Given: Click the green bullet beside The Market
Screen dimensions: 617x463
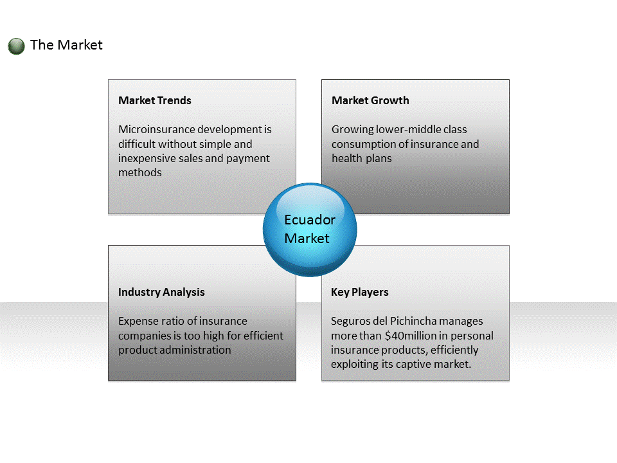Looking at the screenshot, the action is coord(16,46).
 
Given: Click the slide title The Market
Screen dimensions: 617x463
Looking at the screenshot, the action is coord(66,45).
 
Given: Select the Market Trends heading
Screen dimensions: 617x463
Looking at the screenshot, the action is coord(155,100).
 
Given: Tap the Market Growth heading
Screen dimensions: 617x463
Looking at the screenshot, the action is coord(370,100).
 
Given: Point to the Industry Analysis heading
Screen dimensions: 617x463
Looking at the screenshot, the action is coord(161,292).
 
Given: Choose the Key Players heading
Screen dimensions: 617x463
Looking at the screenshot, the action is coord(360,292).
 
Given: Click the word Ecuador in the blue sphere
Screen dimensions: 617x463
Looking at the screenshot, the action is coord(310,220).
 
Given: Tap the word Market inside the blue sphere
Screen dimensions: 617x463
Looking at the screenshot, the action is coord(307,238).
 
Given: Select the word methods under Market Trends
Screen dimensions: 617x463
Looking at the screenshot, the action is coord(140,172).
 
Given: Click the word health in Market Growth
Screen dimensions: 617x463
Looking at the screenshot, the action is coord(347,158).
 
